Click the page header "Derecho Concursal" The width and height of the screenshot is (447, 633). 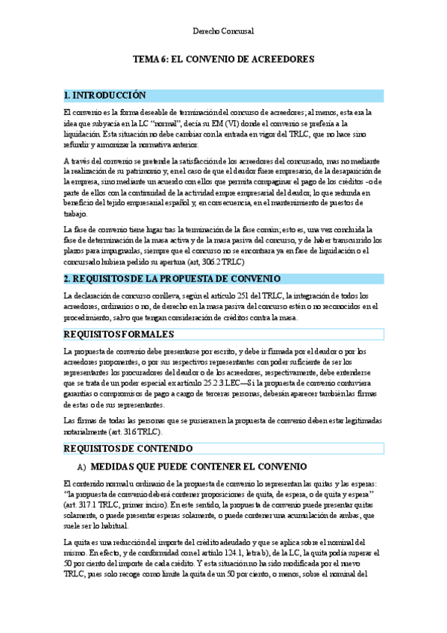pyautogui.click(x=223, y=31)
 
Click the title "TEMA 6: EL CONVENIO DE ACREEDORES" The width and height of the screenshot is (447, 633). pyautogui.click(x=223, y=59)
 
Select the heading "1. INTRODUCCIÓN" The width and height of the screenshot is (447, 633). pyautogui.click(x=104, y=96)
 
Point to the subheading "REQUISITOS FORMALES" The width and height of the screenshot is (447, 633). pyautogui.click(x=119, y=334)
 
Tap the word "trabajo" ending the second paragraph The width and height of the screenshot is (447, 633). pyautogui.click(x=75, y=213)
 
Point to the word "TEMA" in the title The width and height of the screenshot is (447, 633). pyautogui.click(x=146, y=59)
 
